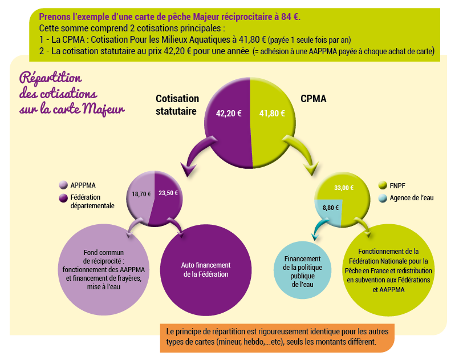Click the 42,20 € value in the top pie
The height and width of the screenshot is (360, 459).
click(229, 114)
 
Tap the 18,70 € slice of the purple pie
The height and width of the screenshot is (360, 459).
click(141, 194)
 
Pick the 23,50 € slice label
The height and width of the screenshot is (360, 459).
click(168, 193)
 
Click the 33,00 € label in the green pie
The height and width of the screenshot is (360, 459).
click(344, 188)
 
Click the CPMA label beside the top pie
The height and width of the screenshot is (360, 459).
click(314, 99)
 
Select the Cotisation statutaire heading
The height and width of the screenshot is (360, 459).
click(177, 104)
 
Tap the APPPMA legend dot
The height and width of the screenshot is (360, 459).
click(63, 185)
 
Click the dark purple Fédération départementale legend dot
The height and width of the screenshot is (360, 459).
click(63, 198)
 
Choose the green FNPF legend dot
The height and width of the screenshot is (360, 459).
click(383, 185)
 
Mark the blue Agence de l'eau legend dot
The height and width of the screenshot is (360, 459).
click(383, 198)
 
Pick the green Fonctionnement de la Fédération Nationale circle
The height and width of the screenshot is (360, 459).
click(388, 269)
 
